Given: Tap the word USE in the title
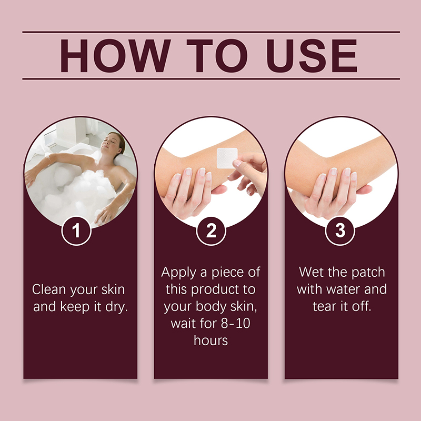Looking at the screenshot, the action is (x=312, y=56).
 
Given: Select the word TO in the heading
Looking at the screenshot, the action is (x=217, y=56).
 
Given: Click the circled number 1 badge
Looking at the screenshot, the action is (x=76, y=230).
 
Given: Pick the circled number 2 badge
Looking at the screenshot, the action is (x=211, y=230).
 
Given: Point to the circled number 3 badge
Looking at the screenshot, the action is (x=340, y=230).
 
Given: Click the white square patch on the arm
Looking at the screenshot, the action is (x=227, y=158).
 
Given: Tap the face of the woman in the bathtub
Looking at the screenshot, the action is (x=111, y=142).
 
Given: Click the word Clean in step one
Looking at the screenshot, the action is (x=49, y=289).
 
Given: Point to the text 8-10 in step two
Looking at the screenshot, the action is (x=235, y=323).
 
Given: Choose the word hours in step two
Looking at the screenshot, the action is (x=211, y=340).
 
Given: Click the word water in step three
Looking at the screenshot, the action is (x=343, y=289).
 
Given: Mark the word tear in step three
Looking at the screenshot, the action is (x=324, y=306).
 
